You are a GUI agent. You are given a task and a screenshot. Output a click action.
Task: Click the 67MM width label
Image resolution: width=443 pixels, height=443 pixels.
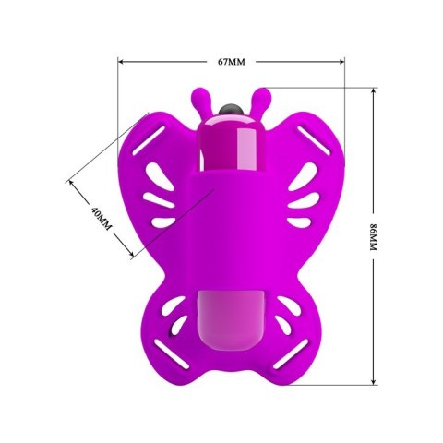(231, 62)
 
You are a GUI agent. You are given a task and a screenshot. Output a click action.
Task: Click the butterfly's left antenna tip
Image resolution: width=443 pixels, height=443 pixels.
(200, 93)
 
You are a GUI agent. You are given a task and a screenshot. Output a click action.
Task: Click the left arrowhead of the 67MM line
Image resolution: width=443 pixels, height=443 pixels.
(121, 62)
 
